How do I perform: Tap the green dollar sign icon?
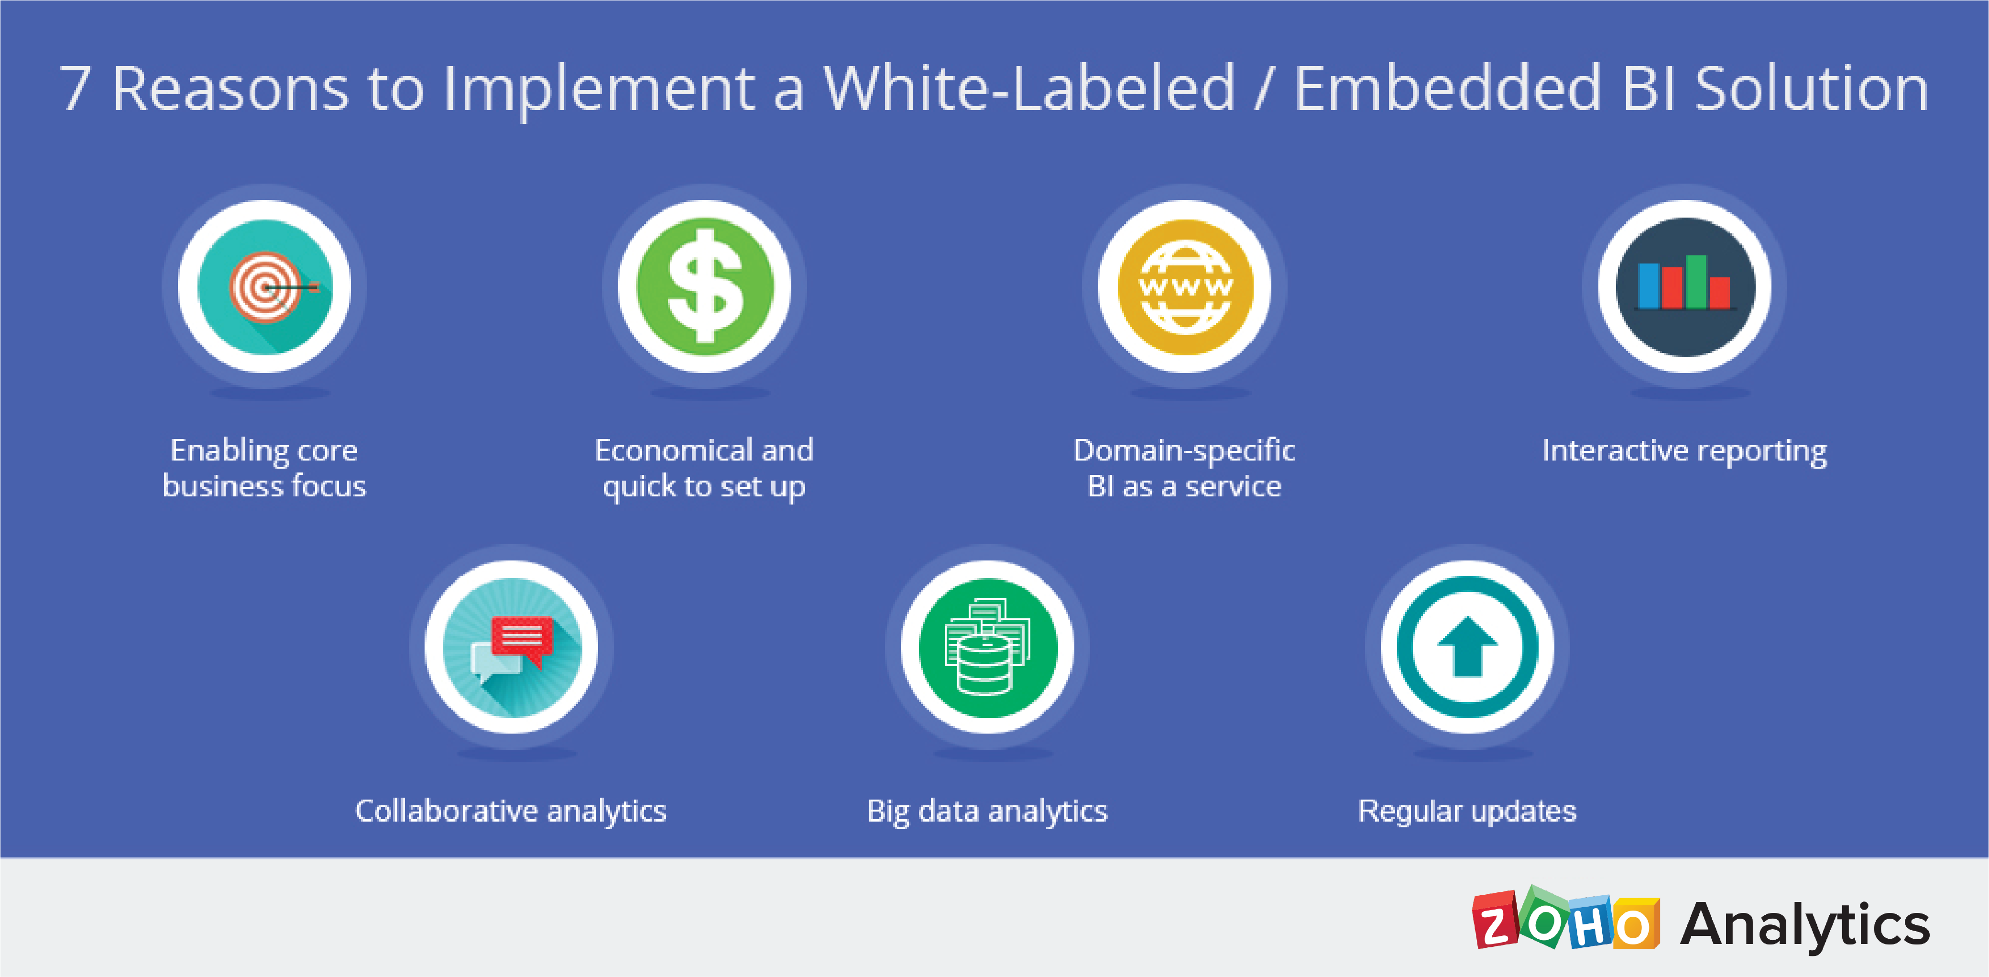(704, 286)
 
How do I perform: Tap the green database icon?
(987, 647)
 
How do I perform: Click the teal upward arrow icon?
(1467, 647)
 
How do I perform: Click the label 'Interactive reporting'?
(1685, 451)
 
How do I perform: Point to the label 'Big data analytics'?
(987, 812)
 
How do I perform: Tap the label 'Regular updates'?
(1467, 812)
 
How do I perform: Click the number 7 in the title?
(76, 89)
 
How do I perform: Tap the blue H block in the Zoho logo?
(1591, 923)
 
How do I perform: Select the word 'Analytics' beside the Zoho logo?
(1805, 925)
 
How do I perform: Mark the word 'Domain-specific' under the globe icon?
(1184, 451)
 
